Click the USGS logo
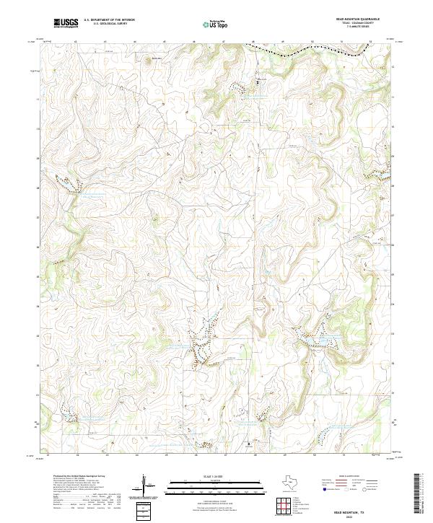pos(66,24)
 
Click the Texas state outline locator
pos(295,483)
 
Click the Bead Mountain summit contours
pos(150,61)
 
